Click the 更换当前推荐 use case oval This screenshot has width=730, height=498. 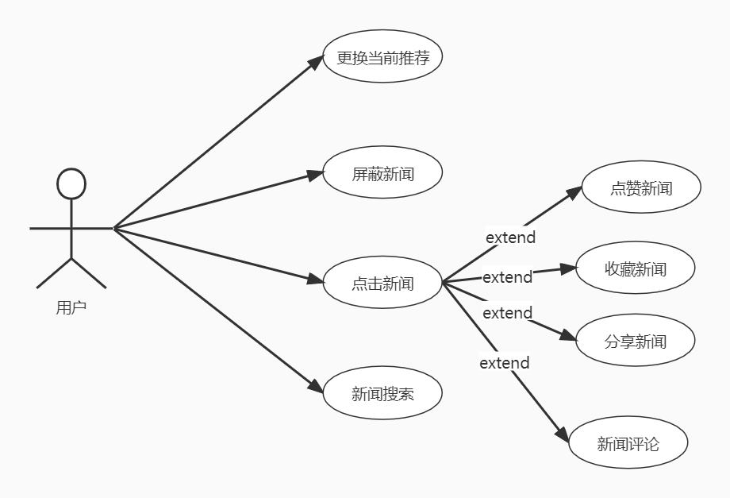(x=382, y=57)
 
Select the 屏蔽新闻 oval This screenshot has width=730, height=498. (x=382, y=173)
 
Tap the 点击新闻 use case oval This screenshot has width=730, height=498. (x=382, y=283)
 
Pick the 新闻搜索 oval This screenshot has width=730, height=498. (x=382, y=392)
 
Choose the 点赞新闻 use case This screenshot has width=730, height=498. (x=641, y=188)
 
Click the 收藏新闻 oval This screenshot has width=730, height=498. (x=635, y=268)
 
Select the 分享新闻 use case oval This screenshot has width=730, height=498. (x=635, y=341)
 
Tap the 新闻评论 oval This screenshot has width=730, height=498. (x=628, y=443)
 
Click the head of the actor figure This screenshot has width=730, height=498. (x=71, y=184)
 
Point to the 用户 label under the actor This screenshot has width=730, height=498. (x=71, y=307)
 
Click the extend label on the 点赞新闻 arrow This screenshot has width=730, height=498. (x=510, y=237)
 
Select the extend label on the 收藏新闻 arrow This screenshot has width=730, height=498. (x=507, y=277)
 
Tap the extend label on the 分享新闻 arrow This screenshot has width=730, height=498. (x=507, y=313)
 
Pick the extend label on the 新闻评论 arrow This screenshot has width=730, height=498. (x=504, y=363)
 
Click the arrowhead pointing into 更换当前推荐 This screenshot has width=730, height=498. (x=316, y=64)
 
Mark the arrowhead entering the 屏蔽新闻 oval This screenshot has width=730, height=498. (x=315, y=175)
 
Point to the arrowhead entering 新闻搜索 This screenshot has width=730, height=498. (x=316, y=388)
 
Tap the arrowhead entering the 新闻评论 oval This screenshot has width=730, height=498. (x=562, y=435)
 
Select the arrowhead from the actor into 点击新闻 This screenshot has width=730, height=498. (x=315, y=279)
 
